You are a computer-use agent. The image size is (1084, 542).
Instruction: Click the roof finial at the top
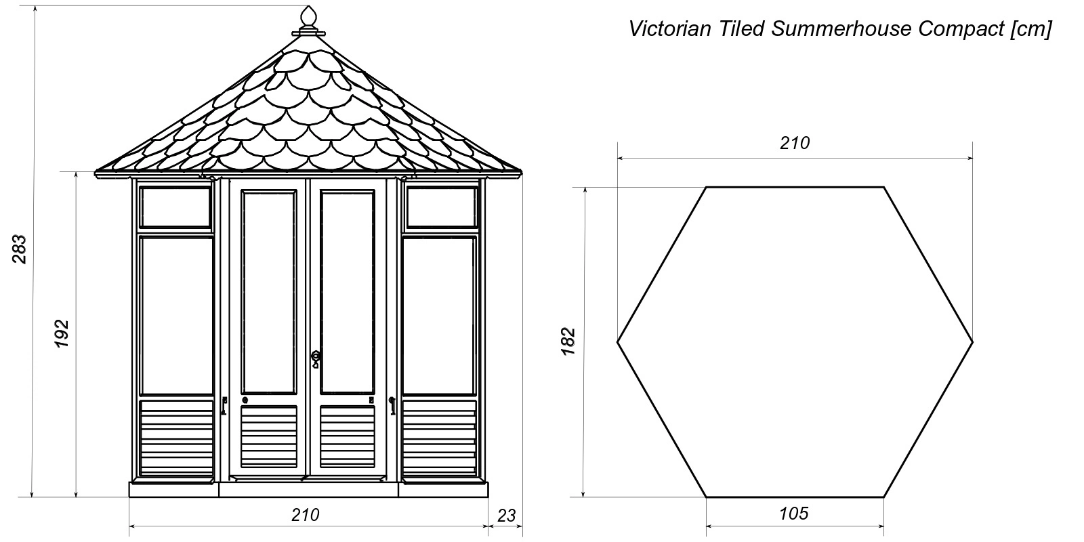pyautogui.click(x=308, y=21)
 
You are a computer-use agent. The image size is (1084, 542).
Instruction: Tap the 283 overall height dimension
pyautogui.click(x=20, y=249)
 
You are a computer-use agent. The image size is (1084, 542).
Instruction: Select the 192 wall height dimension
pyautogui.click(x=62, y=333)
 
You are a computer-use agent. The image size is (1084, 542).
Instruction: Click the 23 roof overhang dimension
pyautogui.click(x=506, y=516)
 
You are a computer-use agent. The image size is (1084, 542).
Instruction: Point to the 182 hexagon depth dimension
pyautogui.click(x=568, y=341)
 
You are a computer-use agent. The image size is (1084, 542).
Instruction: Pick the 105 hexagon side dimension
pyautogui.click(x=794, y=514)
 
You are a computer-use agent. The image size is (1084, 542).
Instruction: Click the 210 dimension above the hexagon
pyautogui.click(x=795, y=143)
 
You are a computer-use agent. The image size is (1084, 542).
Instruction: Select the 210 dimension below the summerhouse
pyautogui.click(x=306, y=515)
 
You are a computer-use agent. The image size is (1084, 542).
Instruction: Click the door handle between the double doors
pyautogui.click(x=316, y=358)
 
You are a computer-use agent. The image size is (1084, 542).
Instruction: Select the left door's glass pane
pyautogui.click(x=269, y=292)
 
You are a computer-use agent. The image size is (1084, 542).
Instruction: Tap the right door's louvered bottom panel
pyautogui.click(x=348, y=437)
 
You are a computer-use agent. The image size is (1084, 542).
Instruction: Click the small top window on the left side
pyautogui.click(x=175, y=207)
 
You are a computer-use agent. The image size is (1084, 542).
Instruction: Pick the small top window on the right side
pyautogui.click(x=442, y=207)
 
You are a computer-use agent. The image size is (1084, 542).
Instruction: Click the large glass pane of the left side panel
pyautogui.click(x=176, y=316)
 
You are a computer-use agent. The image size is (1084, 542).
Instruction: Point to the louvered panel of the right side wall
pyautogui.click(x=440, y=438)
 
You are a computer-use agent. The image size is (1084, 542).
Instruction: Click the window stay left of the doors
pyautogui.click(x=224, y=406)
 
